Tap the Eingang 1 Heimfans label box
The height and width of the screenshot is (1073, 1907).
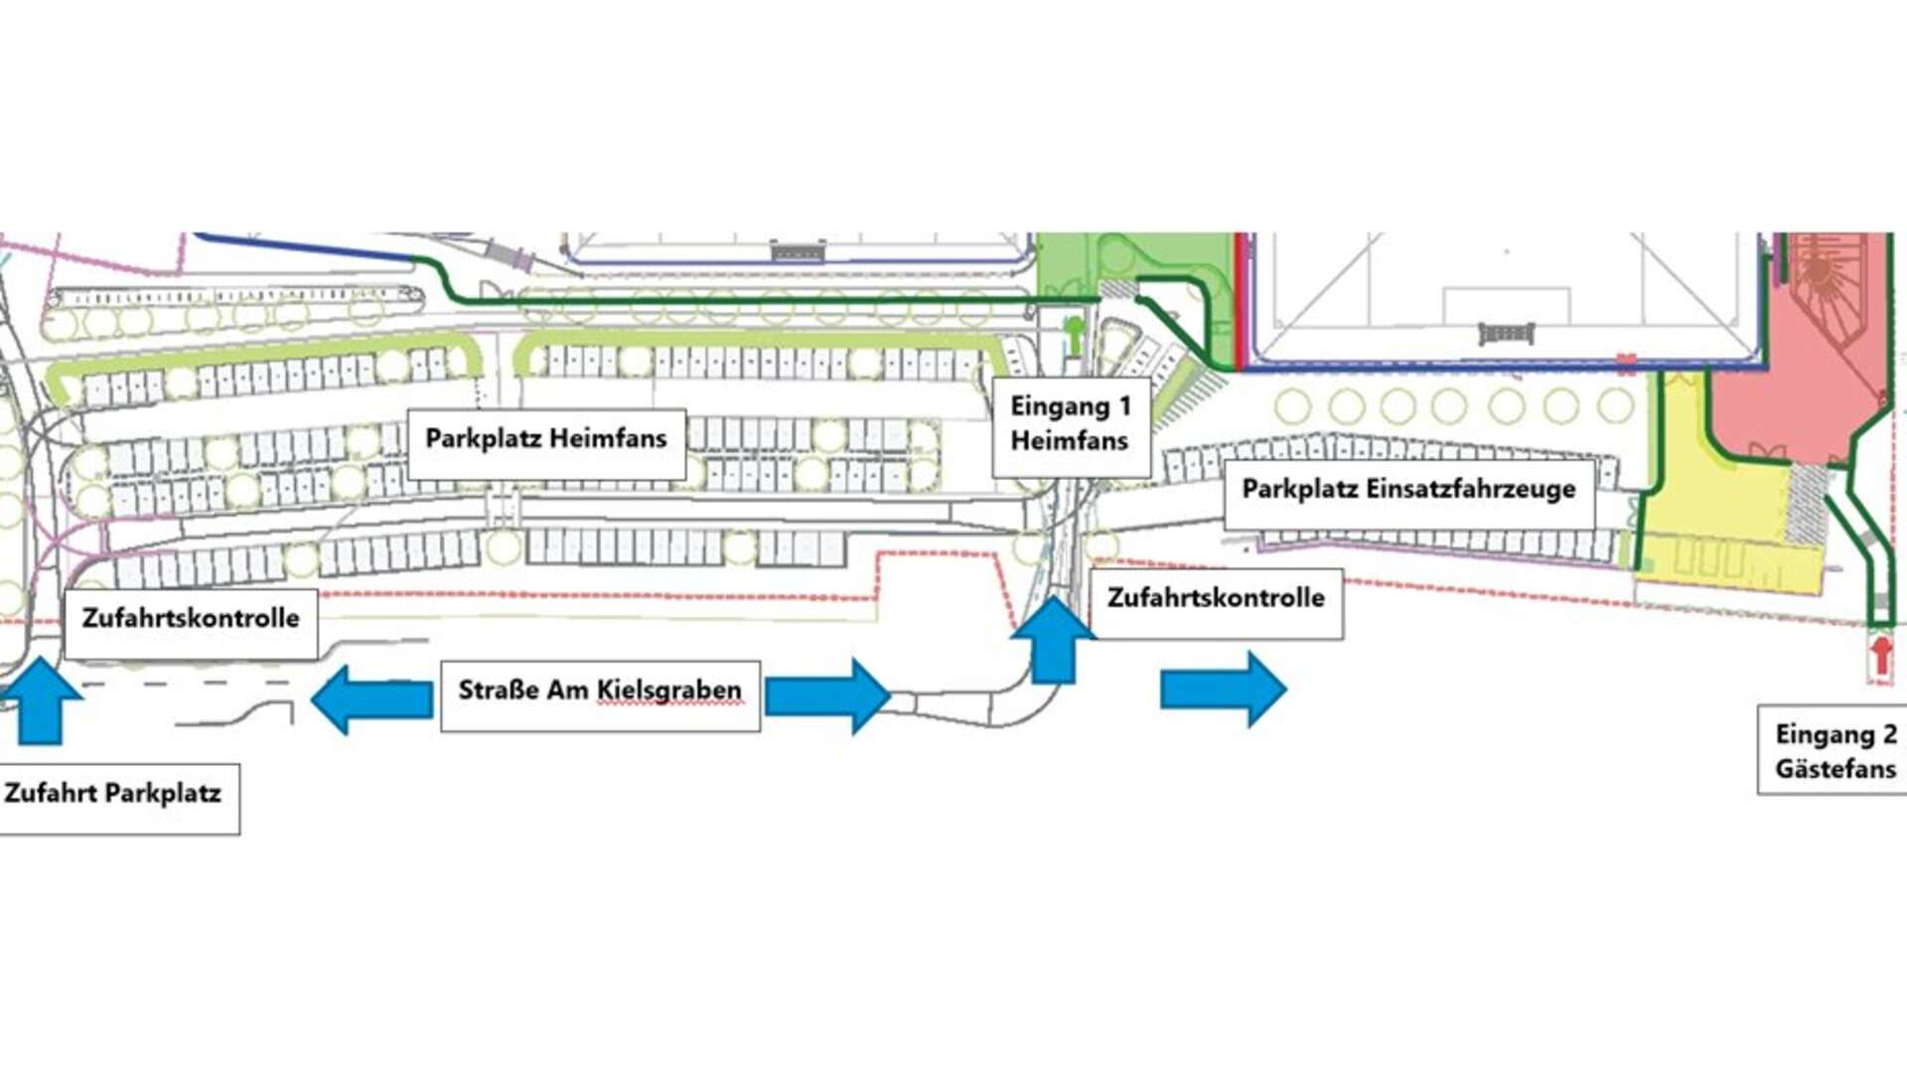click(1071, 426)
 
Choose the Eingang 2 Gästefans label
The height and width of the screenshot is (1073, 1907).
click(1834, 751)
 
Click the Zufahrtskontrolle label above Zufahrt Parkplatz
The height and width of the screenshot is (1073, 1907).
click(191, 623)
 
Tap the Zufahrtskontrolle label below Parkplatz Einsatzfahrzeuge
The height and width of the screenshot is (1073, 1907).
click(1217, 603)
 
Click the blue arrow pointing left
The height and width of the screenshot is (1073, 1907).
click(372, 699)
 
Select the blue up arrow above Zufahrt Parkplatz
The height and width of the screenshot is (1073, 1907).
click(42, 700)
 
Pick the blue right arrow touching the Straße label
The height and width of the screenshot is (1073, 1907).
click(827, 696)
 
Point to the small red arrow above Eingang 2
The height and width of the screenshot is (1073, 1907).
click(1881, 657)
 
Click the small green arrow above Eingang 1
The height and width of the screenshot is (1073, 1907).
click(1073, 334)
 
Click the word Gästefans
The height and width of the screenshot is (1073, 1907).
click(1835, 769)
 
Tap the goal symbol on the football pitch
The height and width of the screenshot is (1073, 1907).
click(1507, 334)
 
